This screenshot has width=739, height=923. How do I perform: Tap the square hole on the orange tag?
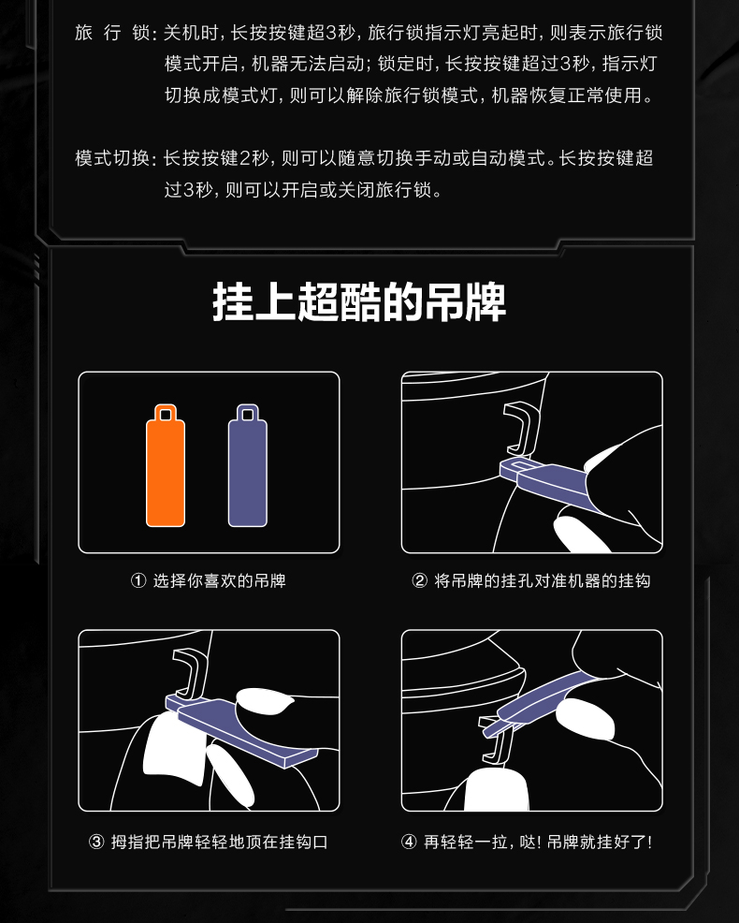(x=166, y=415)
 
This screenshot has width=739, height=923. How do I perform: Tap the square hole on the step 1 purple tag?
(x=248, y=415)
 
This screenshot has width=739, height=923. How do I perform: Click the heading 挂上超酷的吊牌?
(x=359, y=302)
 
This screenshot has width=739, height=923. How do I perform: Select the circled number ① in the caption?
(x=138, y=581)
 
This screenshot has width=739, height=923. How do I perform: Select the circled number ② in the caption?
(x=419, y=581)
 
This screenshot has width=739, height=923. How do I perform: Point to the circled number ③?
(x=96, y=842)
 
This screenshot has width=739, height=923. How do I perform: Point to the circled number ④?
(x=409, y=842)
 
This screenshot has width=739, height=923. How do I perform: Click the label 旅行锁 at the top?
(x=112, y=33)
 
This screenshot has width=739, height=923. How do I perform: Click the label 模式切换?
(x=112, y=158)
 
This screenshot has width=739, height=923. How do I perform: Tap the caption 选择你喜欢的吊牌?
(x=220, y=581)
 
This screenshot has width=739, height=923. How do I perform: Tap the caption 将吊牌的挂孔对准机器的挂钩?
(x=543, y=581)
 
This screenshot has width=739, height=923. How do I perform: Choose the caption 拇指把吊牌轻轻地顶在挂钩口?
(x=220, y=842)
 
